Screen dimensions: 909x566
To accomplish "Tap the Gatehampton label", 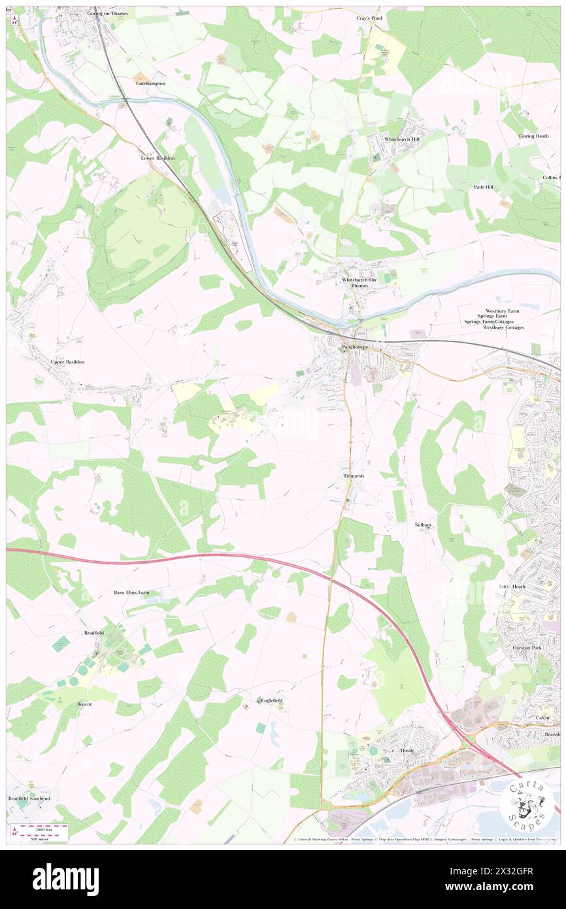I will (x=150, y=84).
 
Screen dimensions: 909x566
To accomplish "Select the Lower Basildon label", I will (x=158, y=158).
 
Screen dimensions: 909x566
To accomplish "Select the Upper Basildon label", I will (x=67, y=362).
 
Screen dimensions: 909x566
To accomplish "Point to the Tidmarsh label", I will (x=354, y=477).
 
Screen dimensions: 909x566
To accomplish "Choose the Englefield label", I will (x=271, y=700).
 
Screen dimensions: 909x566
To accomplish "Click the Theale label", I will (x=407, y=750).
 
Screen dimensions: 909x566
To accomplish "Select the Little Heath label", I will (x=512, y=587).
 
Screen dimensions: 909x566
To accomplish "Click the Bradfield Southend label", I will (x=29, y=798).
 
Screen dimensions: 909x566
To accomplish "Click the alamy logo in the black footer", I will (x=65, y=880).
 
